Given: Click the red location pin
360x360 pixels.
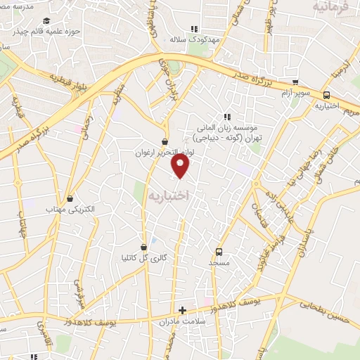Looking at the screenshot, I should click(181, 165).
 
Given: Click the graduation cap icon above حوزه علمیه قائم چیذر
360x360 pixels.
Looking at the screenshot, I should click(46, 21).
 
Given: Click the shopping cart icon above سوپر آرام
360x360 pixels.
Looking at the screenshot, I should click(295, 82).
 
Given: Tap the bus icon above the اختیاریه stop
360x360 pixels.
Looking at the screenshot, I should click(326, 96).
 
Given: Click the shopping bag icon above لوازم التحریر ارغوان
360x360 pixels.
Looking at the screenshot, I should click(165, 141).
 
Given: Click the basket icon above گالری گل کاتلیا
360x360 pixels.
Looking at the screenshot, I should click(145, 247).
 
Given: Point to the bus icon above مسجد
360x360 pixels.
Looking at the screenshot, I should click(219, 251).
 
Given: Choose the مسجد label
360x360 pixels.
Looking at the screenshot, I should click(219, 262).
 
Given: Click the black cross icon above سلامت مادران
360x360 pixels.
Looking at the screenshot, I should click(183, 309).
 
